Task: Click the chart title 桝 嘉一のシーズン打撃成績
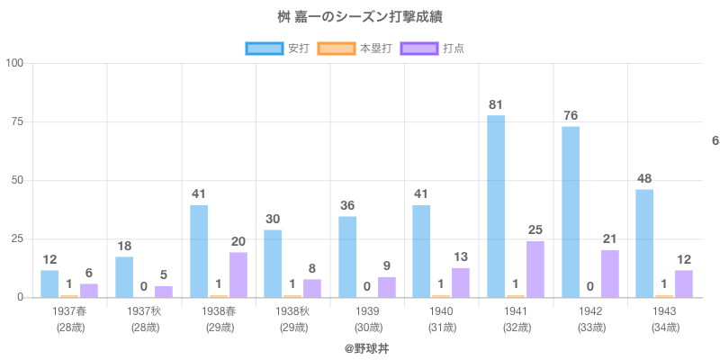(360, 17)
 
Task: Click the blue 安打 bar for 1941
(496, 206)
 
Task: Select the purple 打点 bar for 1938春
(238, 274)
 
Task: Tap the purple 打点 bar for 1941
(535, 268)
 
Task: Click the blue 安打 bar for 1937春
(49, 283)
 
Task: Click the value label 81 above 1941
(496, 104)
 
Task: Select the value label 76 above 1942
(571, 115)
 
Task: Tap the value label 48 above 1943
(644, 177)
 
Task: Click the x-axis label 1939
(366, 310)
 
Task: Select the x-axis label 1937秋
(143, 310)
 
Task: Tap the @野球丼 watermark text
(366, 347)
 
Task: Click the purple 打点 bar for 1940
(461, 283)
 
